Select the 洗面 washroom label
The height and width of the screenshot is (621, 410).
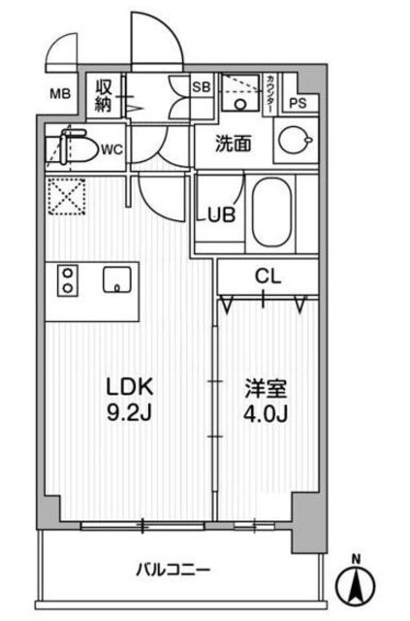(x=233, y=144)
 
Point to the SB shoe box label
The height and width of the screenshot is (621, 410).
(x=202, y=85)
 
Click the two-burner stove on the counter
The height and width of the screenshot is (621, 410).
(x=68, y=280)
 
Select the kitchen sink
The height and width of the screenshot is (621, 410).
(x=117, y=281)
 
